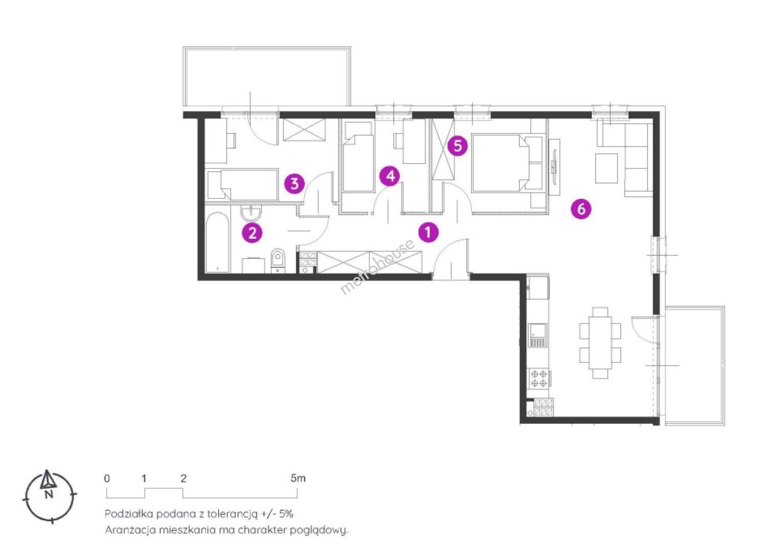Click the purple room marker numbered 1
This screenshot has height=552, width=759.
[428, 233]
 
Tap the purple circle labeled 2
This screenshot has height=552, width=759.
[252, 233]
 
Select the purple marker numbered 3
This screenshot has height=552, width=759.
[295, 183]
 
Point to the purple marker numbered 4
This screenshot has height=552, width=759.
[391, 176]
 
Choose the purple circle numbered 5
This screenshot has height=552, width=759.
[458, 146]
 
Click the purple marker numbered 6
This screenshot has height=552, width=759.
[581, 209]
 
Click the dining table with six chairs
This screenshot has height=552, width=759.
[600, 342]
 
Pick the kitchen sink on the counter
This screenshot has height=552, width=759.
[537, 335]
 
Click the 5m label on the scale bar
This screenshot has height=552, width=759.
[298, 478]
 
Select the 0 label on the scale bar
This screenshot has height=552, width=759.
[107, 478]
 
